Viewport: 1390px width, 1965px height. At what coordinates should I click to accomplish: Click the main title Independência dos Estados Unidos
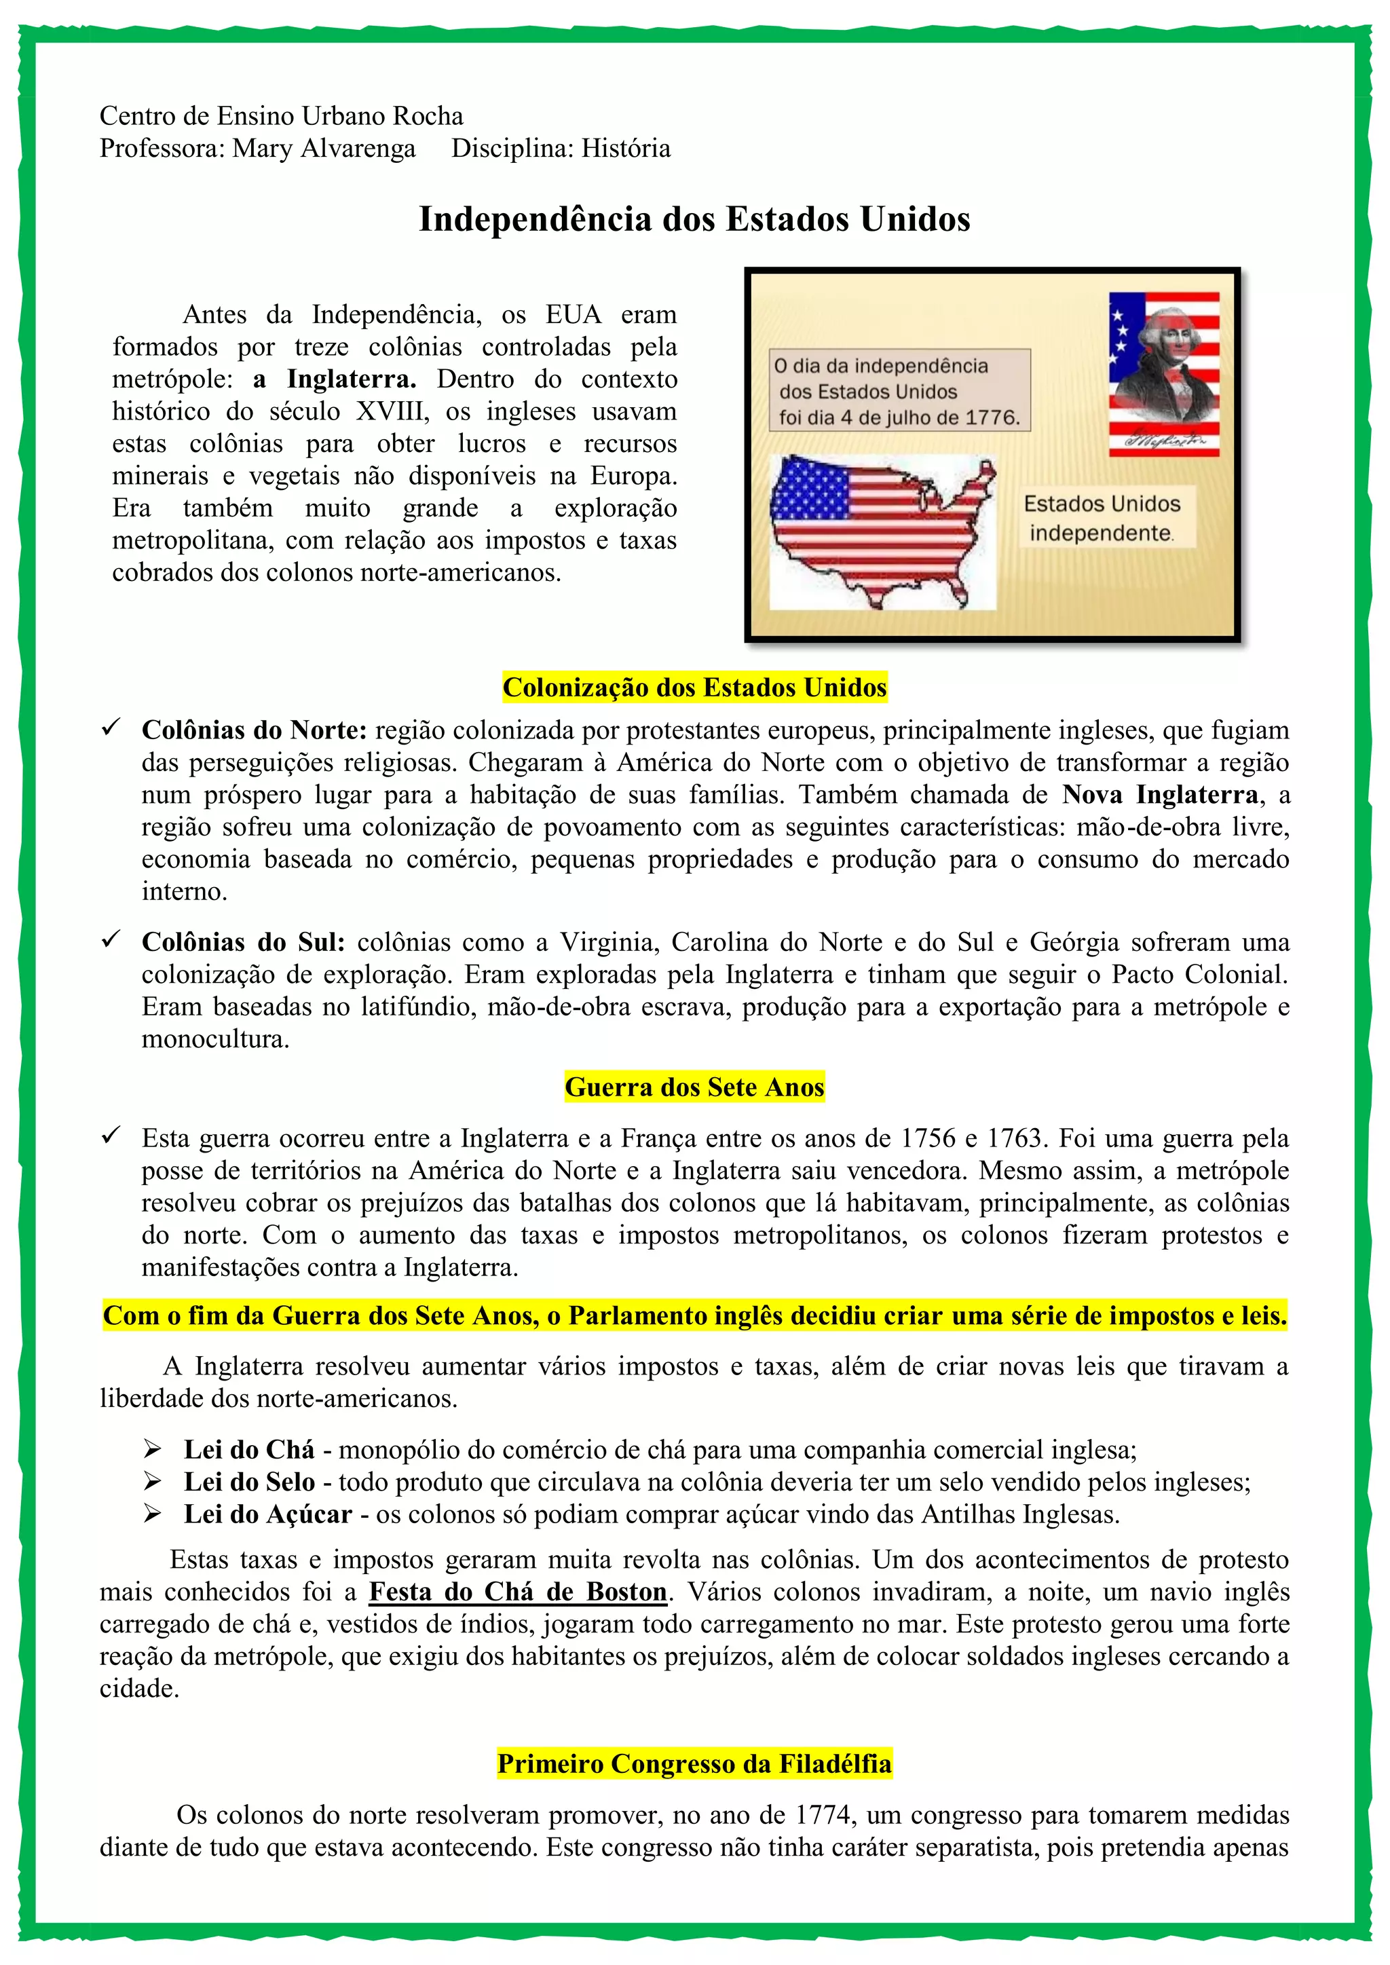pos(694,219)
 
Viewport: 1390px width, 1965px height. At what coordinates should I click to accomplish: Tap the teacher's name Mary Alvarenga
pos(324,148)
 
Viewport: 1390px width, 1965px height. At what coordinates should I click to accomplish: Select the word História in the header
pos(626,148)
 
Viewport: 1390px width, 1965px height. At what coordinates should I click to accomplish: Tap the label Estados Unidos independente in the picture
pos(1102,518)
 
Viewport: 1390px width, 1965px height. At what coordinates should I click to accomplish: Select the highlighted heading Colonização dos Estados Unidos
pos(694,687)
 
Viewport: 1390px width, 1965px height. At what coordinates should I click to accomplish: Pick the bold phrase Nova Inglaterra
pos(1160,795)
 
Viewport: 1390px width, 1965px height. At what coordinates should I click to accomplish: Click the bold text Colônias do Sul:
pos(243,942)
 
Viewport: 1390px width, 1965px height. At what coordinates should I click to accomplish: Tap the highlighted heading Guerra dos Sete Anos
pos(694,1087)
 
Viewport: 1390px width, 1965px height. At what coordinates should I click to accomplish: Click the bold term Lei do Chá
pos(249,1450)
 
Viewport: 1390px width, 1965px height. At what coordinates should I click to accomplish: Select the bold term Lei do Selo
pos(249,1482)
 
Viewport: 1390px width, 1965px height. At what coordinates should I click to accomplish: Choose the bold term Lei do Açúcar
pos(268,1515)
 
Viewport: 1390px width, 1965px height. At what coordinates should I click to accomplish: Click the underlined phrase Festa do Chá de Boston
pos(518,1592)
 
